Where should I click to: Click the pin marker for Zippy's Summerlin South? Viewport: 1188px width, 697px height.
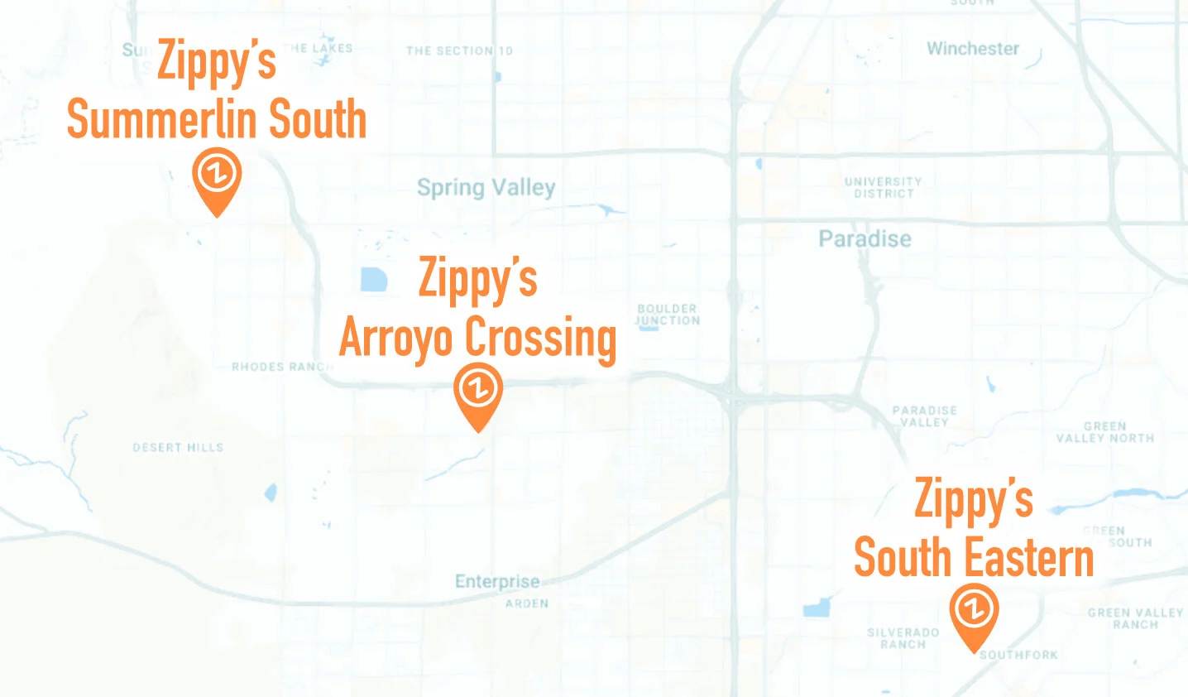pyautogui.click(x=217, y=179)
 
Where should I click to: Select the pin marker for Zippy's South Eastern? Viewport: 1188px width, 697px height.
pyautogui.click(x=974, y=613)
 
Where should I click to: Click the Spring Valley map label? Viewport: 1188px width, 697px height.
pyautogui.click(x=486, y=188)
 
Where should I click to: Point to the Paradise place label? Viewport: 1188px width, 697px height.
pyautogui.click(x=865, y=239)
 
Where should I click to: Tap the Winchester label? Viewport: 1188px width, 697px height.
pyautogui.click(x=973, y=49)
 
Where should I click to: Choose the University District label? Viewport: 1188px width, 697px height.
pyautogui.click(x=883, y=187)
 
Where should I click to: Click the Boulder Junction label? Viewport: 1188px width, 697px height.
pyautogui.click(x=668, y=315)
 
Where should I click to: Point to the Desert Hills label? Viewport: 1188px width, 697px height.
pyautogui.click(x=178, y=448)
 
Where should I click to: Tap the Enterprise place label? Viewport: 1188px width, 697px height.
pyautogui.click(x=497, y=582)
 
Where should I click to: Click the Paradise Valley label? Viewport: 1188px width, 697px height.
pyautogui.click(x=924, y=416)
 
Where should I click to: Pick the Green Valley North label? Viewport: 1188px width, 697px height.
pyautogui.click(x=1104, y=432)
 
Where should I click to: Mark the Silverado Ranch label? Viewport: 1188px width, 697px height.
pyautogui.click(x=903, y=637)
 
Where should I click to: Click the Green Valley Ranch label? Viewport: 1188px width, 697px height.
pyautogui.click(x=1135, y=618)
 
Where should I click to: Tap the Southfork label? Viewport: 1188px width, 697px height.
pyautogui.click(x=1018, y=655)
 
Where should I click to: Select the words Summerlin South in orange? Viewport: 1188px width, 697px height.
pyautogui.click(x=217, y=119)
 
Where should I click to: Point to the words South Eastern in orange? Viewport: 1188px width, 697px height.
pyautogui.click(x=974, y=557)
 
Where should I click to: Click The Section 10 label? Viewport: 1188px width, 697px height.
pyautogui.click(x=459, y=50)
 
